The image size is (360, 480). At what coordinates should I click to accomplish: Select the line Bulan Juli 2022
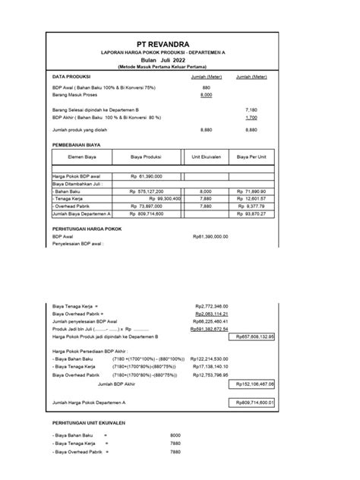[x=180, y=59]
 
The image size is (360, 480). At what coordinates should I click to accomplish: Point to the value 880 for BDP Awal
[x=206, y=88]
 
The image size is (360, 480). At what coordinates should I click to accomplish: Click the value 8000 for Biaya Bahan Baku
[x=175, y=435]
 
